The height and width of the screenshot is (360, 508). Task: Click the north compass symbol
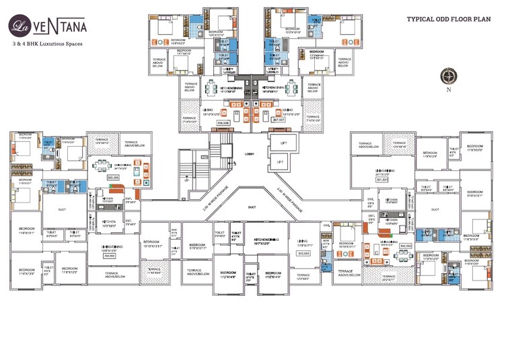(448, 76)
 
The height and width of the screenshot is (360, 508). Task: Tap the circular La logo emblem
(19, 26)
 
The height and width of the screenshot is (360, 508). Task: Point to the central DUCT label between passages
(252, 207)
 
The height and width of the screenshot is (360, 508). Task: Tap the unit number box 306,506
(223, 123)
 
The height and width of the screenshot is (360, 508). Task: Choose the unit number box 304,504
(109, 256)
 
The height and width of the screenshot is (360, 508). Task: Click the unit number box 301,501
(383, 180)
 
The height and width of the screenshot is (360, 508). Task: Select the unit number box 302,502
(405, 246)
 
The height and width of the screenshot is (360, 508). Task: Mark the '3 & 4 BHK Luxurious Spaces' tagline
(49, 43)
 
